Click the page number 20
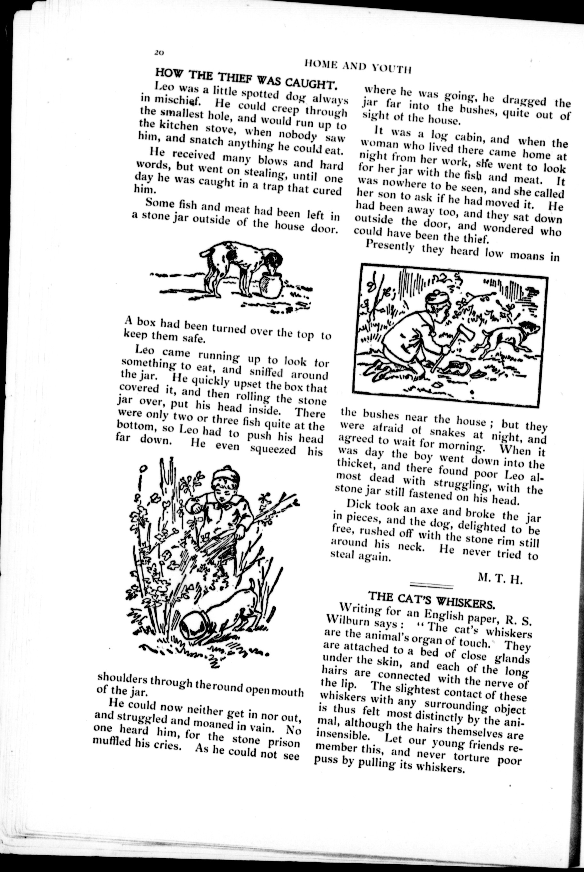[159, 53]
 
